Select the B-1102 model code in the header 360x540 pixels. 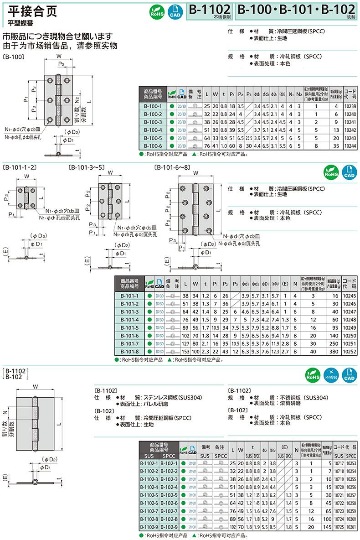click(x=210, y=10)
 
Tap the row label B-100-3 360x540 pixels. click(x=153, y=122)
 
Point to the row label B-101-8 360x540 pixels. click(x=130, y=352)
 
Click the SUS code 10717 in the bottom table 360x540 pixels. click(x=338, y=463)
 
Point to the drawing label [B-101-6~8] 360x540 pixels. click(x=172, y=167)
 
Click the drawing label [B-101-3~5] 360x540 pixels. click(x=86, y=167)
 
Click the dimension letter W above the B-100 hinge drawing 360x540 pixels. click(x=59, y=56)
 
